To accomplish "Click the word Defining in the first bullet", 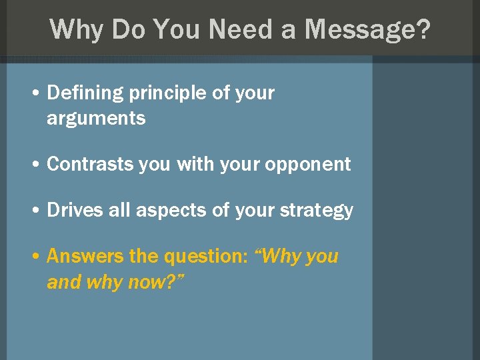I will (x=85, y=93).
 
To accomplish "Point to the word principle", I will (x=167, y=94).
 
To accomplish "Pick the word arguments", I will (x=96, y=119).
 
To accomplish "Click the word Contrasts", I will (x=90, y=165).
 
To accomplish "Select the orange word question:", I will (x=207, y=257).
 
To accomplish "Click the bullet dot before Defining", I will (x=34, y=94).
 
